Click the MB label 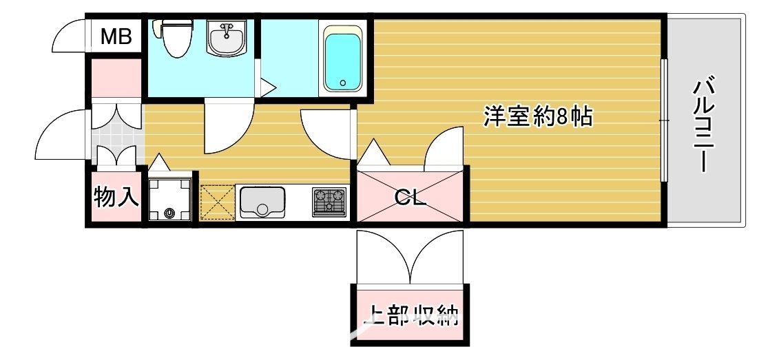point(116,37)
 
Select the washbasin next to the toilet point(226,39)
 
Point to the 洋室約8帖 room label point(537,118)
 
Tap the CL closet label point(411,200)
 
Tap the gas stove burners point(329,202)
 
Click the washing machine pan point(170,200)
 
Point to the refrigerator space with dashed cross point(216,202)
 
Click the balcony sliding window point(665,120)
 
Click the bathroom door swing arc point(228,128)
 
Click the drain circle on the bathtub point(342,84)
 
